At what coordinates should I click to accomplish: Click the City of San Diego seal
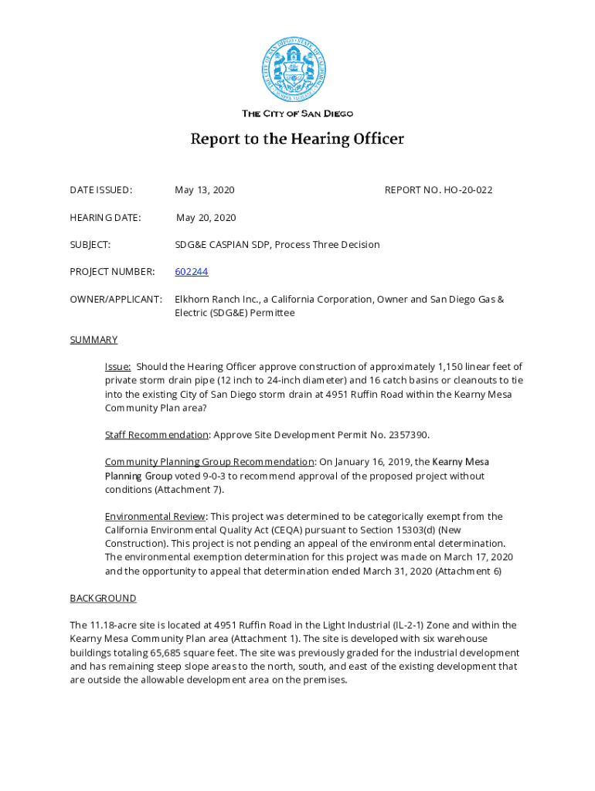point(294,70)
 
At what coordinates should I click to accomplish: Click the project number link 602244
point(191,272)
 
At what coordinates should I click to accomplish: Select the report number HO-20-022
point(467,190)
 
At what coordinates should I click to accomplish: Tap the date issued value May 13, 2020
point(204,190)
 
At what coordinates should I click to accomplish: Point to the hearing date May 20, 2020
point(206,218)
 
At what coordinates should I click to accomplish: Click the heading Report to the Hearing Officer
point(297,140)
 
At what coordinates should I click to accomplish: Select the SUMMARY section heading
point(93,340)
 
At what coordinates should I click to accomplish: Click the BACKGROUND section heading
point(103,599)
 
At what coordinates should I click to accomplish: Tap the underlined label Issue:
point(117,367)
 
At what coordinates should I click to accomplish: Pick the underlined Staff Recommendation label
point(157,436)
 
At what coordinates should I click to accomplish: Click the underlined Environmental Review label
point(155,517)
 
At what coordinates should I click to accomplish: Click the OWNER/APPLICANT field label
point(116,300)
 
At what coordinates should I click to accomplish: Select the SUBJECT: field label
point(90,245)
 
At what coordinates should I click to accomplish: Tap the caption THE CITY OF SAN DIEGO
point(297,114)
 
